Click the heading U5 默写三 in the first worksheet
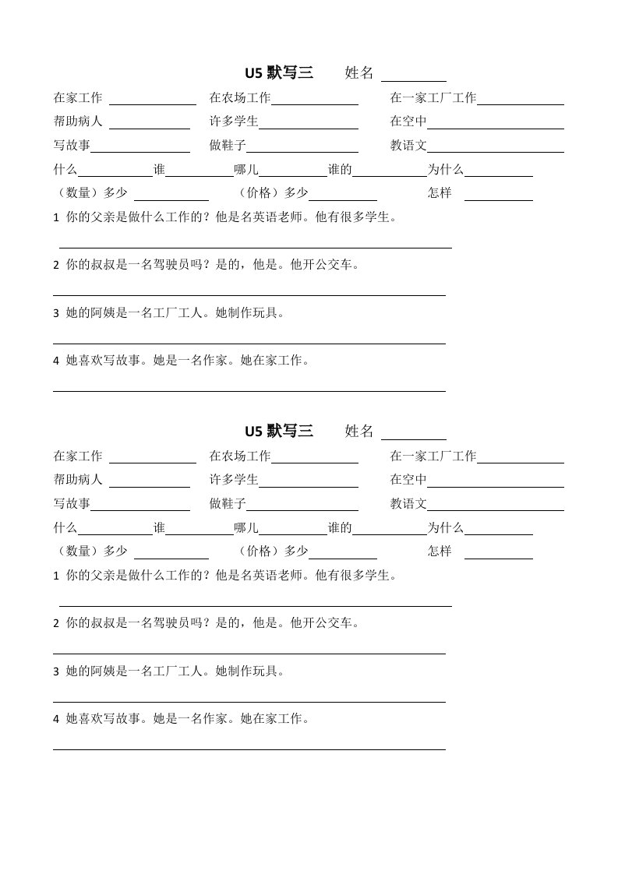[279, 73]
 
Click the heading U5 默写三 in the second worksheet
[279, 432]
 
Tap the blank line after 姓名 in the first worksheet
[413, 78]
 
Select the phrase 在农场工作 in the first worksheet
[239, 98]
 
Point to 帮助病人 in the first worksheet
[78, 122]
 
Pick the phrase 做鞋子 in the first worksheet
[228, 146]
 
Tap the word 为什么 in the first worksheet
[445, 170]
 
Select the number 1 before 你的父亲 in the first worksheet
[56, 218]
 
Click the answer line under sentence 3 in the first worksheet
[249, 342]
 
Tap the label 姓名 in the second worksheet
[359, 432]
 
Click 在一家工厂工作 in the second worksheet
[433, 456]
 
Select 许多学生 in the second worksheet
[234, 481]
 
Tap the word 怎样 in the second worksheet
[440, 552]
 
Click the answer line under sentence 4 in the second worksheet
[249, 748]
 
